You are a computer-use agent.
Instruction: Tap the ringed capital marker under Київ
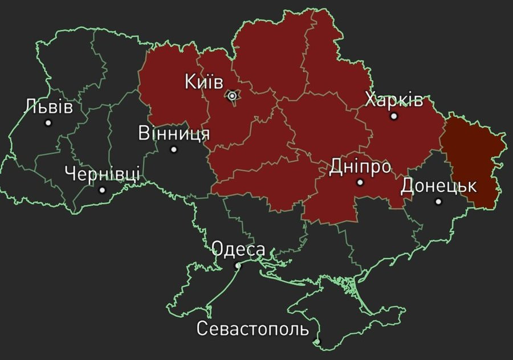tap(232, 96)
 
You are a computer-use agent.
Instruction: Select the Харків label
tap(394, 101)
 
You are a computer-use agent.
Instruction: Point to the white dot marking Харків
tap(393, 116)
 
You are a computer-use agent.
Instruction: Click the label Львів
tap(49, 107)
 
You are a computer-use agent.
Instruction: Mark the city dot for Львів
tap(48, 122)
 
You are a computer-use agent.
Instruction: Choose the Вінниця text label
tap(174, 134)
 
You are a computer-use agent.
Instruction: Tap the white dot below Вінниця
tap(174, 149)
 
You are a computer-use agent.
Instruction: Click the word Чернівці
tap(102, 173)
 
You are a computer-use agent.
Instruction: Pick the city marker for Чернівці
tap(102, 190)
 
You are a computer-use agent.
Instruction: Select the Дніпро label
tap(360, 167)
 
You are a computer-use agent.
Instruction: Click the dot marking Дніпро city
tap(360, 182)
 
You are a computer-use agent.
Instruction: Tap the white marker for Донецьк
tap(438, 201)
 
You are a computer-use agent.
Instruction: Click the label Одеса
tap(238, 249)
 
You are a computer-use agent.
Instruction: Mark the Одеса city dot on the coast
tap(238, 265)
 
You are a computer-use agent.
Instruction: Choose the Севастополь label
tap(253, 329)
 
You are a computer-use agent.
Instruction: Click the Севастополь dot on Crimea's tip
tap(317, 342)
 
